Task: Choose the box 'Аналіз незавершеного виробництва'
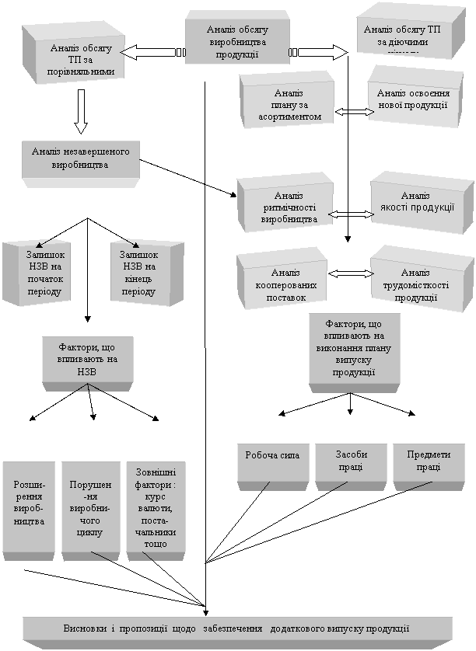pos(81,158)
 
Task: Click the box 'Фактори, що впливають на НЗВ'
pos(87,358)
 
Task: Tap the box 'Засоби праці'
pos(351,461)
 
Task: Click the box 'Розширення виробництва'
pos(29,507)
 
